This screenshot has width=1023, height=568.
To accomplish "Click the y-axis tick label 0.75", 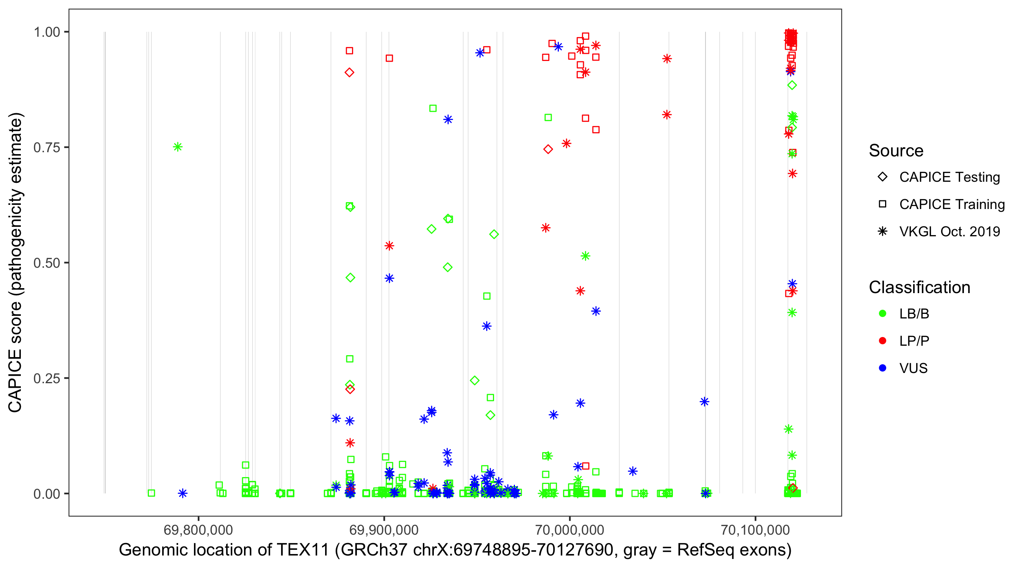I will (46, 148).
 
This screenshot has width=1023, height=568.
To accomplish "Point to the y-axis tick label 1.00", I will (46, 32).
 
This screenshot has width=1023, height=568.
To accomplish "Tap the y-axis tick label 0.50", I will (46, 263).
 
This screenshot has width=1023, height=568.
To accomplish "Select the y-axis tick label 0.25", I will (46, 379).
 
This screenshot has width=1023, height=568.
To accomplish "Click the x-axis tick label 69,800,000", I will (198, 529).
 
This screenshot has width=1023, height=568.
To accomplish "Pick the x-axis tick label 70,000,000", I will (569, 529).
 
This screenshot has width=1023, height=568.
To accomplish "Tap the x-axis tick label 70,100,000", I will (755, 529).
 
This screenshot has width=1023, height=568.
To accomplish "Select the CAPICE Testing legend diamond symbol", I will (882, 177).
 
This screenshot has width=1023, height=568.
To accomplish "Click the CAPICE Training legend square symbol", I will (882, 204).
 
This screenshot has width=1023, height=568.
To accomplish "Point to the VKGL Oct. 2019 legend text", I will (949, 232).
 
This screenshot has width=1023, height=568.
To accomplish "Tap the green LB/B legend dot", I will (882, 314).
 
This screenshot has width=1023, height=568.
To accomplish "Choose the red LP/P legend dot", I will (882, 341).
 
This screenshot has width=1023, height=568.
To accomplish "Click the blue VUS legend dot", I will (882, 368).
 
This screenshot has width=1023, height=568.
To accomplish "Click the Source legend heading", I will (896, 151).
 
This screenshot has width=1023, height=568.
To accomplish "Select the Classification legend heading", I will (919, 287).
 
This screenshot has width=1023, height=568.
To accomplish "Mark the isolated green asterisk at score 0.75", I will (178, 147).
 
